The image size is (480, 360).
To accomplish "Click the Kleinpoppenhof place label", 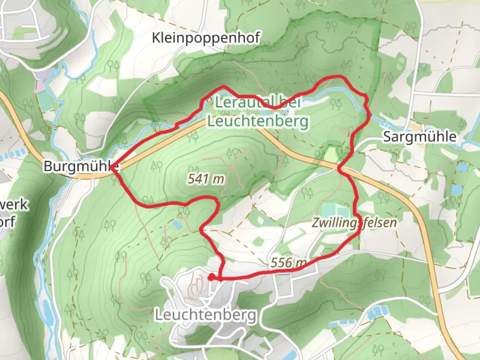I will [x=206, y=38].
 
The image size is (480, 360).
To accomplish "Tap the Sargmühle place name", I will [x=420, y=137].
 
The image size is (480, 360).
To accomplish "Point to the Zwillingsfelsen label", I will [x=354, y=223].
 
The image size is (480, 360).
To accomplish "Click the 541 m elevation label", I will [x=206, y=179].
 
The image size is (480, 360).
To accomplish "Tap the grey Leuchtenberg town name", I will [x=206, y=315].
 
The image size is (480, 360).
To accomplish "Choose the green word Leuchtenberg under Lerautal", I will [x=258, y=121].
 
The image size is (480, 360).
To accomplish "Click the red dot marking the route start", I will [x=211, y=277].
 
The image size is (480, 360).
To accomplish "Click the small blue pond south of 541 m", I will [x=176, y=225].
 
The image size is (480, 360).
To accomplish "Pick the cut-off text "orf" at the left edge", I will [x=7, y=221].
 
